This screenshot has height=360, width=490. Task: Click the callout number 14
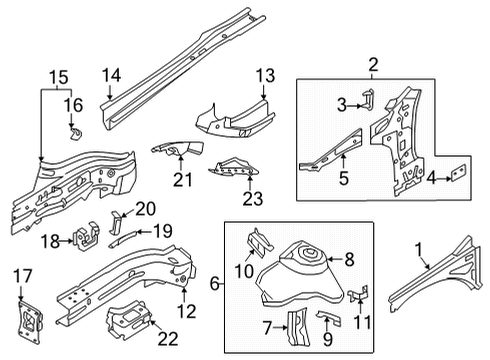click(111, 75)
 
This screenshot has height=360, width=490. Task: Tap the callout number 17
click(22, 276)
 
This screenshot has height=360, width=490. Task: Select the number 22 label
click(168, 339)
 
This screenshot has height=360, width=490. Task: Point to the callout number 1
click(419, 250)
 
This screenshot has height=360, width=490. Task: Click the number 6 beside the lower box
click(215, 284)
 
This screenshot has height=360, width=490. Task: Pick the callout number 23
click(252, 199)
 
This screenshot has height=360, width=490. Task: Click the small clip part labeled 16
click(76, 132)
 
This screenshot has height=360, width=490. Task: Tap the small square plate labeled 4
click(458, 173)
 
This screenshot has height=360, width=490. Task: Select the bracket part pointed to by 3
click(368, 99)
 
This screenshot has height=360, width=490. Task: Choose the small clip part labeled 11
click(358, 293)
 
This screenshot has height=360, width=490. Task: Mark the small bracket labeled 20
click(115, 222)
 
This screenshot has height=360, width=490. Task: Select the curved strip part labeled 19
click(122, 239)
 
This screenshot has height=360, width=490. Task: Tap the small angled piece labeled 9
click(330, 317)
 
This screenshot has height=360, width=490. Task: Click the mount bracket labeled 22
click(128, 319)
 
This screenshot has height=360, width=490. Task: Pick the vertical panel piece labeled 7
click(297, 326)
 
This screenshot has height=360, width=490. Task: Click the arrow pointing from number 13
click(263, 91)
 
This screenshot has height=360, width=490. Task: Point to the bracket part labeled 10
click(260, 241)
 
